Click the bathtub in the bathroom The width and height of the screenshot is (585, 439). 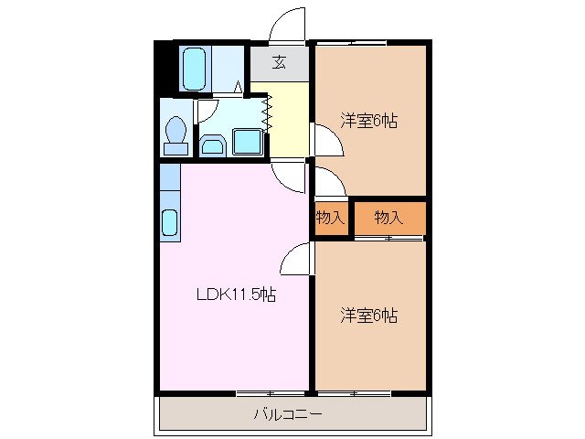pos(195,70)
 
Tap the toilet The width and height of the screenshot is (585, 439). pos(175,134)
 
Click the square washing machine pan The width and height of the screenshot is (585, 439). pos(248,143)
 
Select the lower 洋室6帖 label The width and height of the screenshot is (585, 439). pos(369,316)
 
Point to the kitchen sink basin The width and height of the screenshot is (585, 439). pos(170,222)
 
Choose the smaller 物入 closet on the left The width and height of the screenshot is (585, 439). pos(330,218)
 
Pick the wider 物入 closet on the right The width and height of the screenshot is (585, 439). pos(388,218)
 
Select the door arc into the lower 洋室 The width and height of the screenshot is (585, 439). pos(297,260)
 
